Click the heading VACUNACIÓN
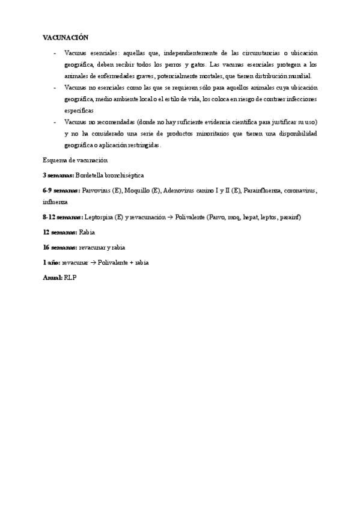tap(65, 37)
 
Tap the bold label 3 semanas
tap(58, 174)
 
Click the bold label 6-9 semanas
tap(61, 190)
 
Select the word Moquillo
tap(137, 190)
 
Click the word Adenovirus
tap(180, 190)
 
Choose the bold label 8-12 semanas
tap(63, 217)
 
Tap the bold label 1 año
tap(51, 262)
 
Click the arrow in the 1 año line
tap(92, 262)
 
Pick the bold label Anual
tap(53, 277)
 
